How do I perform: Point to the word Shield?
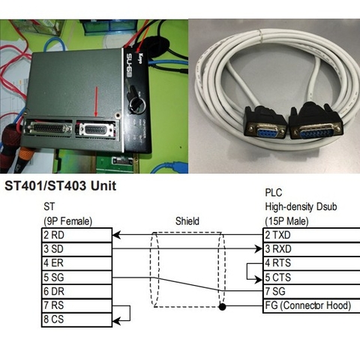tap(187, 221)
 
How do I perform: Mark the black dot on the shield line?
tap(222, 307)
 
